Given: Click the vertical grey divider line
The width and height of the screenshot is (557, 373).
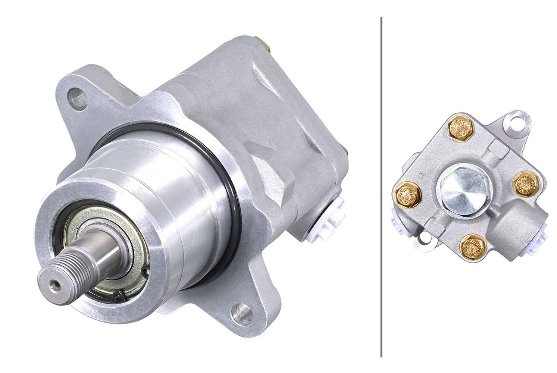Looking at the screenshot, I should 381,186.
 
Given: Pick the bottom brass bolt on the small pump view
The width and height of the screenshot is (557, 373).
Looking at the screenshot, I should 473,247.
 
